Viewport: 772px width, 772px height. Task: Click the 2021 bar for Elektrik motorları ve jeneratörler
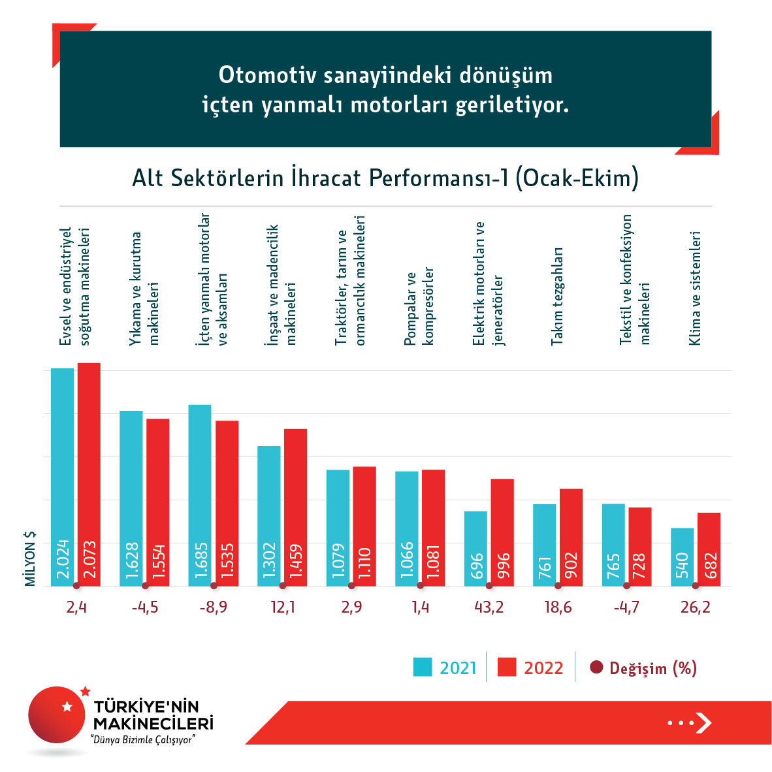[x=475, y=548]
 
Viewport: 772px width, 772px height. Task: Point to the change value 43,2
[x=489, y=607]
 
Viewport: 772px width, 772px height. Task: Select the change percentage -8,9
[x=214, y=607]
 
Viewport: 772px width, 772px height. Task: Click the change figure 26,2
[x=695, y=607]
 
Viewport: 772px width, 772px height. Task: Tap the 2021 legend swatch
[x=423, y=667]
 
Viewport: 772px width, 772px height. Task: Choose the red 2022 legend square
[x=507, y=667]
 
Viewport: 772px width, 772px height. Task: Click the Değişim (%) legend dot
[x=596, y=667]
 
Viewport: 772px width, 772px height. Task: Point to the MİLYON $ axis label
[x=30, y=558]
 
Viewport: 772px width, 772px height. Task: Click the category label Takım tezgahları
[x=556, y=296]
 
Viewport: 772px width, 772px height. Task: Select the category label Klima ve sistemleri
[x=695, y=287]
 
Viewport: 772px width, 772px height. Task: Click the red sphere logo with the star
[x=57, y=715]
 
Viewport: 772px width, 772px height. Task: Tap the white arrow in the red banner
[x=703, y=722]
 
